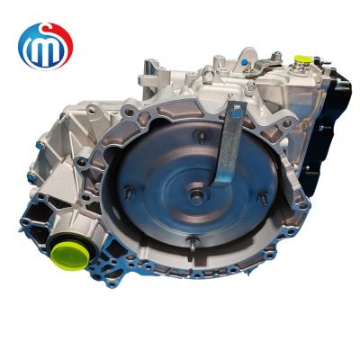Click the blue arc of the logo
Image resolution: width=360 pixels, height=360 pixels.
point(27,45)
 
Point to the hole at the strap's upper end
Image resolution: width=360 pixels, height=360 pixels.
point(238,112)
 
